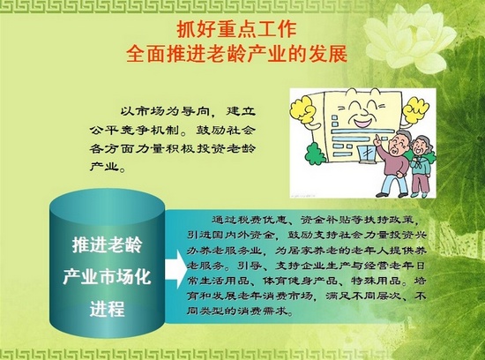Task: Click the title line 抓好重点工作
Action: coord(236,29)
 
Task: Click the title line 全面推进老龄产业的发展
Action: coord(236,54)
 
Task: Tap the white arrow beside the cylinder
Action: coord(175,269)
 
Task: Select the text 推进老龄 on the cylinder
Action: coord(107,245)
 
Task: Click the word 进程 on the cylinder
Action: coord(107,308)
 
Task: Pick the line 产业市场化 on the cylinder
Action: coord(107,277)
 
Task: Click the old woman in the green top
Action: coord(420,167)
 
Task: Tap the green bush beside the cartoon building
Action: coord(316,154)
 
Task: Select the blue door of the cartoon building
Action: coord(366,157)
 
